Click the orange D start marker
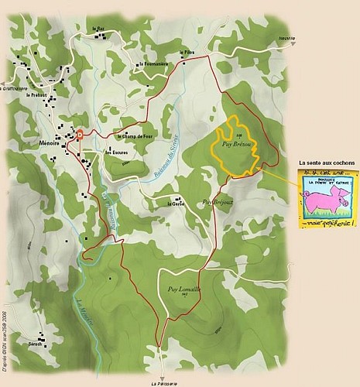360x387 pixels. coord(79,133)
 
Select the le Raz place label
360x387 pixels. coord(98,29)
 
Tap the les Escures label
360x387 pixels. coord(116,152)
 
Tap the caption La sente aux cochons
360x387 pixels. coord(326,163)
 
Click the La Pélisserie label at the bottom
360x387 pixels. coord(165,382)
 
